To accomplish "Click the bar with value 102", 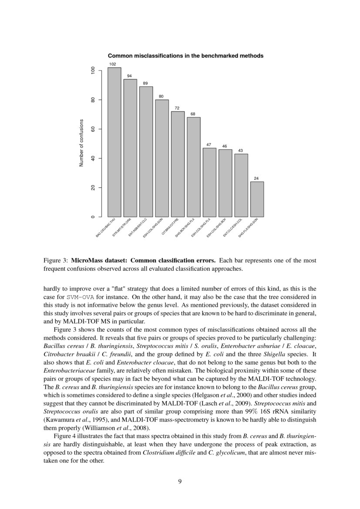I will (114, 142).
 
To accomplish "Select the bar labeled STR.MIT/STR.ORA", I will (130, 148).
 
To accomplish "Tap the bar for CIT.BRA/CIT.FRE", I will (178, 164).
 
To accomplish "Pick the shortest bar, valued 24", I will (257, 199).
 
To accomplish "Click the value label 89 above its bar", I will (145, 83).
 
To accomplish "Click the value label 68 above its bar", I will (193, 114).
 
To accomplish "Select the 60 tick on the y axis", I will (93, 129).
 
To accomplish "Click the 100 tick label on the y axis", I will (93, 71).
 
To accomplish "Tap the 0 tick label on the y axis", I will (93, 217).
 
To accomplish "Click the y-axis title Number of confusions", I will (81, 144).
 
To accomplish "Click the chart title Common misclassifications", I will (185, 56).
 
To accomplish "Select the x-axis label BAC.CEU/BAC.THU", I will (105, 229).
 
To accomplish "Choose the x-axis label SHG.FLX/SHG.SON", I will (248, 228).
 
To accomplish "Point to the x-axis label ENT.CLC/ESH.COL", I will (232, 228).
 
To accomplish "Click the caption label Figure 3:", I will (56, 260).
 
